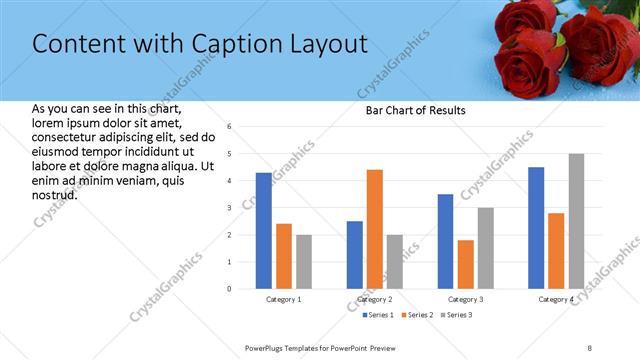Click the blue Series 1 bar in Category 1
click(263, 231)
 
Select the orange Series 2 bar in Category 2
click(375, 229)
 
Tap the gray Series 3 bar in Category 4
click(576, 221)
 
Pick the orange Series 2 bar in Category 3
click(465, 264)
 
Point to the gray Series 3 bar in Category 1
click(303, 262)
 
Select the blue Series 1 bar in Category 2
click(355, 255)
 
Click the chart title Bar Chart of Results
click(415, 110)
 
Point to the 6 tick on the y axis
click(229, 127)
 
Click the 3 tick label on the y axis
click(229, 208)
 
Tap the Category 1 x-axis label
click(284, 299)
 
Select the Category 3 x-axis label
click(466, 299)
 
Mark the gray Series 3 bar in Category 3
click(485, 248)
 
